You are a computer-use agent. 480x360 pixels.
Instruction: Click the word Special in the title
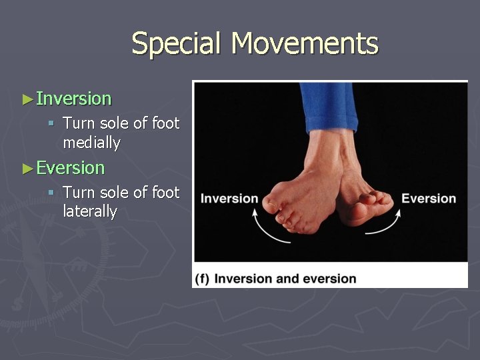[177, 43]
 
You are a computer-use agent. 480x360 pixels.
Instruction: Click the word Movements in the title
[305, 43]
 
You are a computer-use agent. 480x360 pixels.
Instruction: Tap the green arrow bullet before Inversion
[27, 99]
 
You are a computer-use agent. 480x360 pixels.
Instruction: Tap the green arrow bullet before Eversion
[27, 168]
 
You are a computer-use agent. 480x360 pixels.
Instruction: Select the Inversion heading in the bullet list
[73, 99]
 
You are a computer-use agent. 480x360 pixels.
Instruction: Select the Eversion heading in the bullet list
[70, 168]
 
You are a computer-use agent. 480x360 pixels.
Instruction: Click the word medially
[91, 143]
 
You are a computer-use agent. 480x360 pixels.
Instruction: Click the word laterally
[90, 212]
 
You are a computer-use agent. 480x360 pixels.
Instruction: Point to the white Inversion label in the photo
[229, 198]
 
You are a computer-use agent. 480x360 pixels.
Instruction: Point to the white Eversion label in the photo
[429, 198]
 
